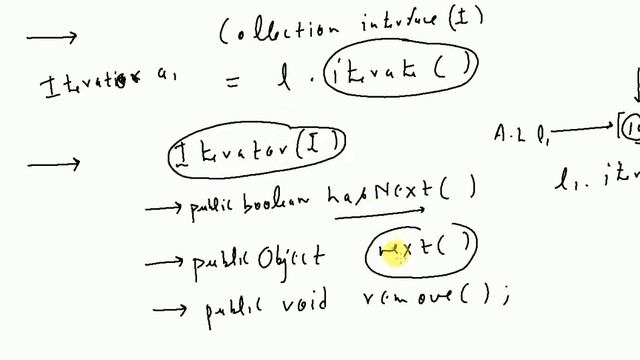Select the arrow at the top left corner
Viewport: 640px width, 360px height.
point(51,38)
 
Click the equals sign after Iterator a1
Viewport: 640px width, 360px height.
point(232,84)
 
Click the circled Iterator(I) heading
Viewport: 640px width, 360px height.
point(257,151)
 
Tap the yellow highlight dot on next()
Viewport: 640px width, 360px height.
point(397,258)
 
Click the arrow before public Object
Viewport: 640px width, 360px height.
point(165,263)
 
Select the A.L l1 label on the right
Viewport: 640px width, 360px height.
point(520,131)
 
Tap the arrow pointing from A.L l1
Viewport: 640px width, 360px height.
point(581,129)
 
